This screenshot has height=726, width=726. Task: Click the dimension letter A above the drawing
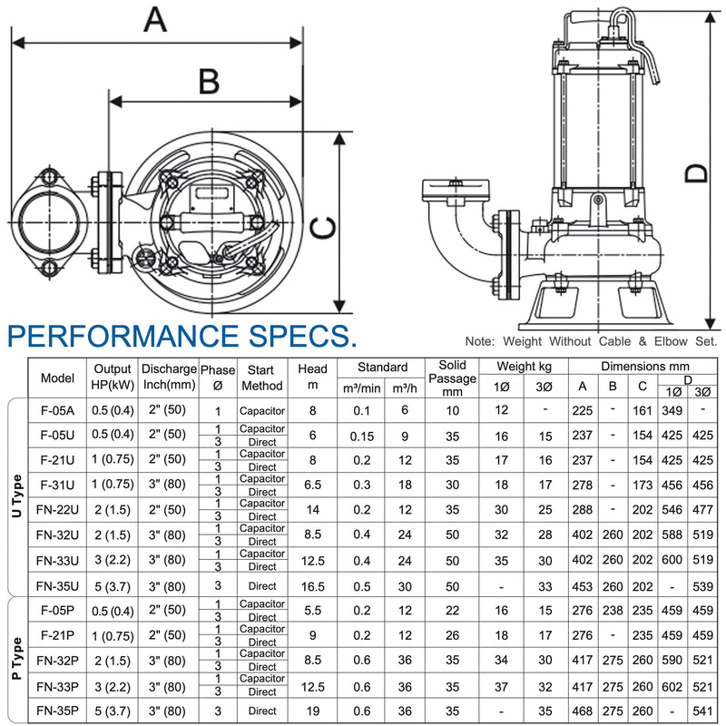[x=155, y=19]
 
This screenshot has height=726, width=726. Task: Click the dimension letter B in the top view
[x=210, y=81]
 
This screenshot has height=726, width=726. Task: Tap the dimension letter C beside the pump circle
[x=323, y=228]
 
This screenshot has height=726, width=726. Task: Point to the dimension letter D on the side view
[x=696, y=173]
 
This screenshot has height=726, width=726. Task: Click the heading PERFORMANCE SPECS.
[x=182, y=336]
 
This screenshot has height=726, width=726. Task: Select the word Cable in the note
[x=614, y=341]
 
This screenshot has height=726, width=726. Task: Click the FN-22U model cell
[x=57, y=510]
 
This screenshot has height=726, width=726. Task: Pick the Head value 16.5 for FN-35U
[x=312, y=586]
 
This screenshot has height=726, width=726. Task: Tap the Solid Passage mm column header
[x=452, y=378]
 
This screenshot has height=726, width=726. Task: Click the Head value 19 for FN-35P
[x=312, y=711]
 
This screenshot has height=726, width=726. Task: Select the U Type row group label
[x=16, y=495]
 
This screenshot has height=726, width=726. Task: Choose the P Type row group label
[x=16, y=659]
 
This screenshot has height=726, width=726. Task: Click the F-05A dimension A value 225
[x=582, y=411]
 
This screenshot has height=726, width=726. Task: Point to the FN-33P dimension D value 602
[x=672, y=687]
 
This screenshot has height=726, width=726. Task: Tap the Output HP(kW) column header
[x=113, y=377]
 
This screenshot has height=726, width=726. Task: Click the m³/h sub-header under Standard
[x=404, y=388]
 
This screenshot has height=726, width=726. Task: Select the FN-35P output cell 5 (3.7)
[x=113, y=711]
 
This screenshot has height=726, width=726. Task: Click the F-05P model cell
[x=57, y=610]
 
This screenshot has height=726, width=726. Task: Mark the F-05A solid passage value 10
[x=452, y=411]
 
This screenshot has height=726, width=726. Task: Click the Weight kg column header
[x=525, y=367]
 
